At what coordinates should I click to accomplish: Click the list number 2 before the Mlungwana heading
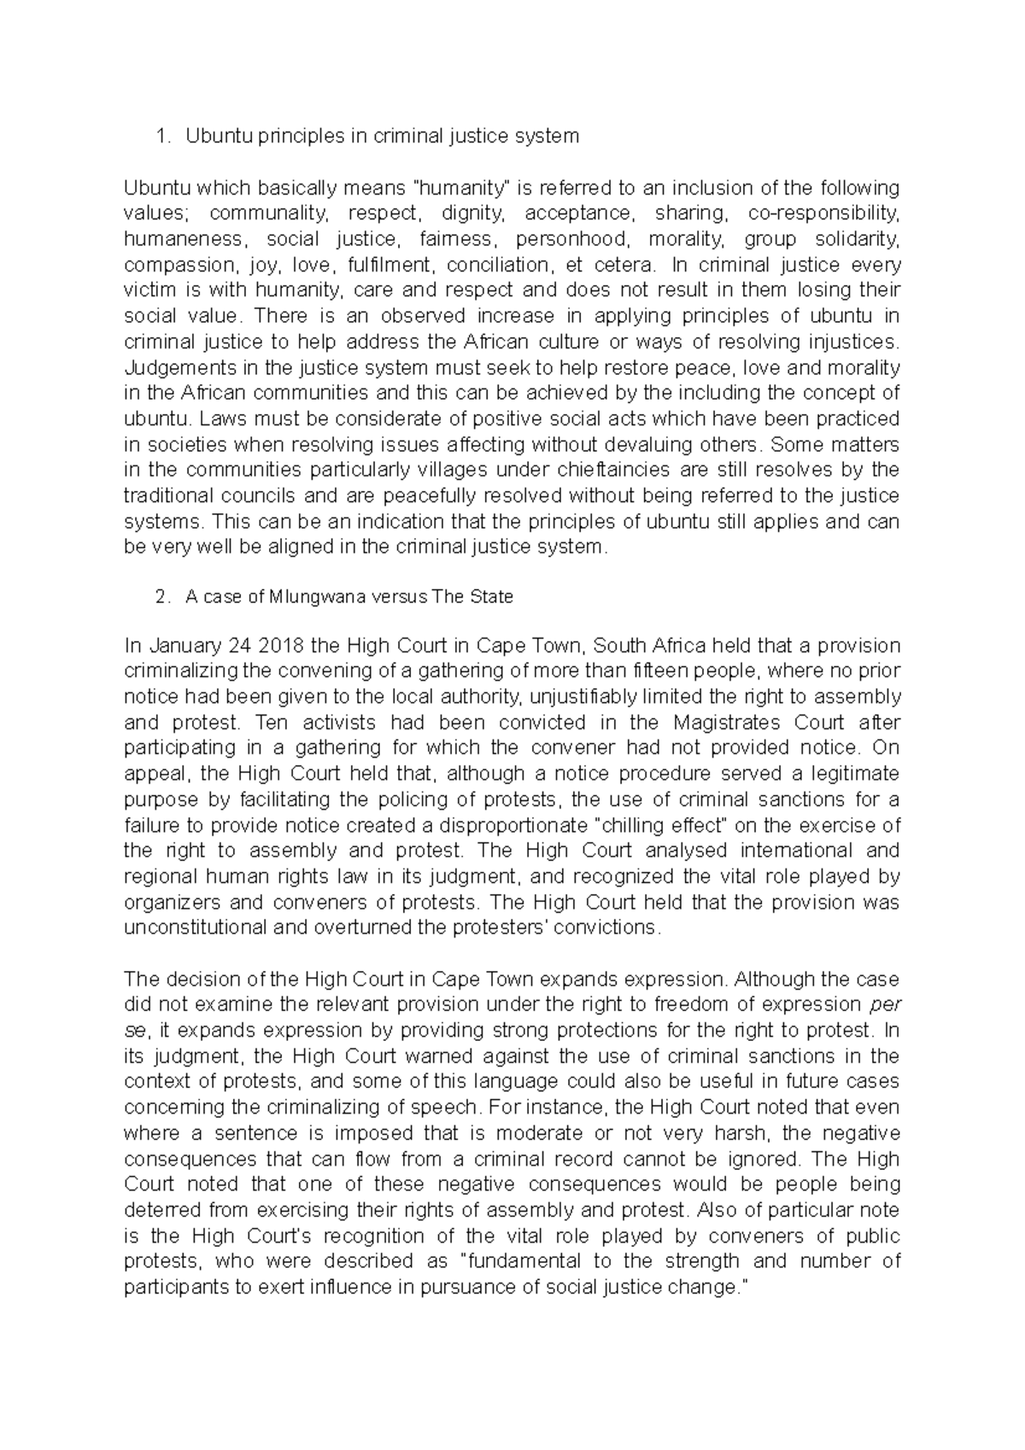[x=161, y=598]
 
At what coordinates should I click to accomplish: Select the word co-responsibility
[x=823, y=213]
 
